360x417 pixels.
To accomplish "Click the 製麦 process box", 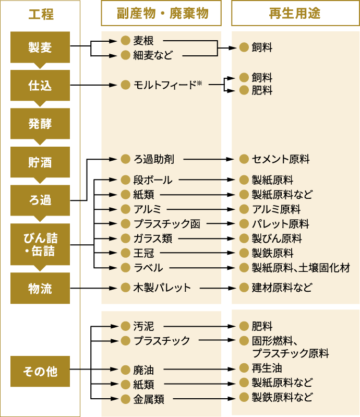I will [x=40, y=47].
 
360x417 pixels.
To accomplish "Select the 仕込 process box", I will [x=40, y=85].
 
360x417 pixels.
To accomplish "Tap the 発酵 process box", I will [x=40, y=124].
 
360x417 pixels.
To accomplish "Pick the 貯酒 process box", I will [x=40, y=162].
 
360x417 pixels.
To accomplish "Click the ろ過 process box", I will [x=40, y=200].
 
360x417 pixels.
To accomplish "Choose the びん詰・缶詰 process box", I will [x=40, y=244].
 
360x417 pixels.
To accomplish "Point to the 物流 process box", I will [x=40, y=288].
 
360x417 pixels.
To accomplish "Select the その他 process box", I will [x=40, y=371].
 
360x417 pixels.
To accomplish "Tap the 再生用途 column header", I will [x=295, y=14].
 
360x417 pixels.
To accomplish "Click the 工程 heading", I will [x=41, y=14].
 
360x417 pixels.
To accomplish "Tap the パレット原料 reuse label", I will [x=280, y=224].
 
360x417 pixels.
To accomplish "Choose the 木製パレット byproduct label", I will [x=162, y=287].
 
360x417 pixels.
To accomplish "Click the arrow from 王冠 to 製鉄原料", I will [x=201, y=253].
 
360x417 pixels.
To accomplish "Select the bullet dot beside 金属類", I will [x=125, y=400].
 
